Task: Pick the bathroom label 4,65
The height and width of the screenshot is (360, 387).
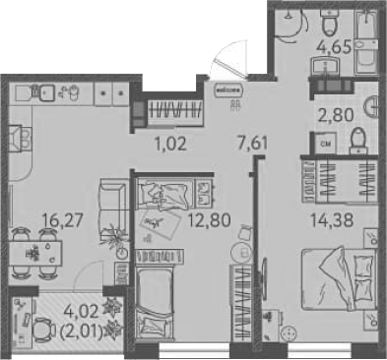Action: click(x=334, y=43)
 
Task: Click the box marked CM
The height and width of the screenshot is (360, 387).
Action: click(x=327, y=147)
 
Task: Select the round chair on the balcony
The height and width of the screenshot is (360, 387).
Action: click(x=47, y=330)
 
